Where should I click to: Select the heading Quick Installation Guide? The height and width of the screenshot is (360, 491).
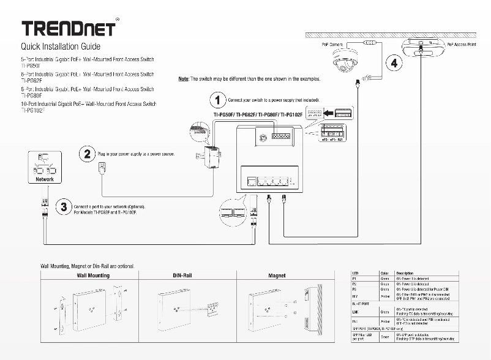(61, 47)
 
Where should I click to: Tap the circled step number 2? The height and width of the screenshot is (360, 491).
(87, 154)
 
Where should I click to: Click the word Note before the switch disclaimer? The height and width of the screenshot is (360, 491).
(182, 79)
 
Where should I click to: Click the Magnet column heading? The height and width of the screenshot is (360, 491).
(277, 276)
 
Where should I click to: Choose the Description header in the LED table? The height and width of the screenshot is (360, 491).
(405, 273)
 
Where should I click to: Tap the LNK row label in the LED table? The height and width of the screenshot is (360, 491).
(356, 312)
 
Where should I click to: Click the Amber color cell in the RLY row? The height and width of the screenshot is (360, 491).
(385, 296)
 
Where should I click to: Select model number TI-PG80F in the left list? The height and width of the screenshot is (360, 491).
(32, 96)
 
